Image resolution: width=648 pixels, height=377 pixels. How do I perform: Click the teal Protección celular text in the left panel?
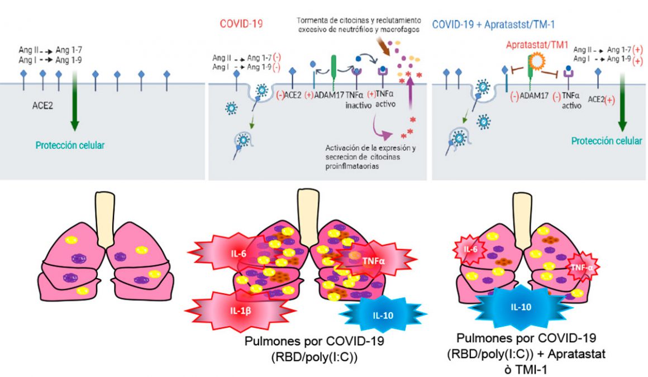70,146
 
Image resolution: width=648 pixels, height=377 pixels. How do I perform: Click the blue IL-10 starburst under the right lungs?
521,307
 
